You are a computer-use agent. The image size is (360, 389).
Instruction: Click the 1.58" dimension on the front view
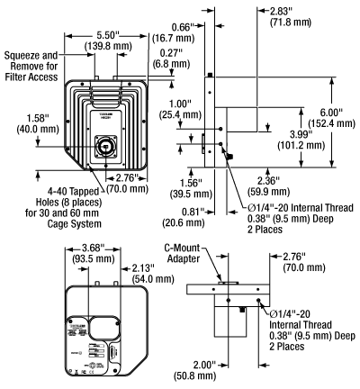pyautogui.click(x=21, y=117)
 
